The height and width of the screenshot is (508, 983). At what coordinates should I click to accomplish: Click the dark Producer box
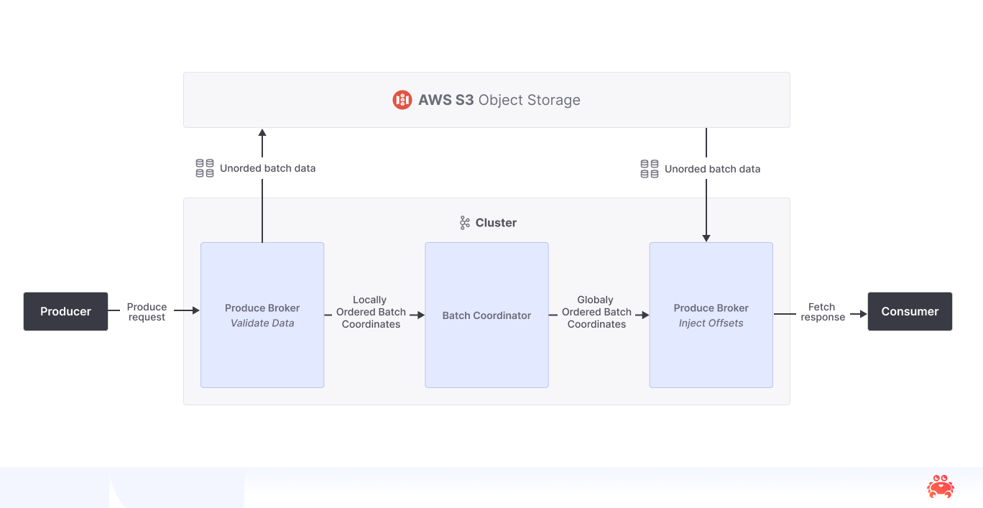(x=65, y=311)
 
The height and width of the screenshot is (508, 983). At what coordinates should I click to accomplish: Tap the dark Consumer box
(x=910, y=311)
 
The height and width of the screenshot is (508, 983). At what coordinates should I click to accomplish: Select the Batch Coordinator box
(x=486, y=315)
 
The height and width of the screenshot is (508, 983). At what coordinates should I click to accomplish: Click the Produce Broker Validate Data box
(x=262, y=315)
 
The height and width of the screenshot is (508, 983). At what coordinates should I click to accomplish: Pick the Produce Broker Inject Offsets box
(x=711, y=315)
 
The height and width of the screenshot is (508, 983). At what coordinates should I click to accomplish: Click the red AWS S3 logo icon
(x=402, y=100)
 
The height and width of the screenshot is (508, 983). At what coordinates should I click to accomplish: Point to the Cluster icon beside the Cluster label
(x=465, y=223)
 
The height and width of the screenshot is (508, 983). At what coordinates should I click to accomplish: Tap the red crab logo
(x=940, y=486)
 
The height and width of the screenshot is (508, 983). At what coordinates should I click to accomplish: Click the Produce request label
(x=147, y=312)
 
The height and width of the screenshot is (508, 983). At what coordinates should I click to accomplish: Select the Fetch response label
(x=822, y=312)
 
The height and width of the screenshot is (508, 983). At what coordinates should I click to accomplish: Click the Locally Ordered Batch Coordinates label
(x=371, y=312)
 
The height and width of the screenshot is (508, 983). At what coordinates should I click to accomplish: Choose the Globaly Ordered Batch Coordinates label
(x=596, y=312)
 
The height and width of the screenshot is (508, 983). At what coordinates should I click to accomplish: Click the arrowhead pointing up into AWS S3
(x=262, y=133)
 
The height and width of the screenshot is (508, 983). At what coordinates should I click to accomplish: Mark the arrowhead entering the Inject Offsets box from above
(x=706, y=238)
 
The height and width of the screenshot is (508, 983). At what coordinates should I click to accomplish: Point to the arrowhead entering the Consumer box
(x=863, y=314)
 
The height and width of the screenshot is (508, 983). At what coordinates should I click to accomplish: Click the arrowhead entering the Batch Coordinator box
(x=420, y=315)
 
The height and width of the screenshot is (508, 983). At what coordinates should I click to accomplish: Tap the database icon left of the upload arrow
(x=205, y=168)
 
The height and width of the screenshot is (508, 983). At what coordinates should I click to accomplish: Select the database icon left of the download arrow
(x=650, y=169)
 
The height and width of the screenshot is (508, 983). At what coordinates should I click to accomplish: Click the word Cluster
(x=496, y=223)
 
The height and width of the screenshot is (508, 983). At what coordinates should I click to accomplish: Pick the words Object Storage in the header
(x=530, y=100)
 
